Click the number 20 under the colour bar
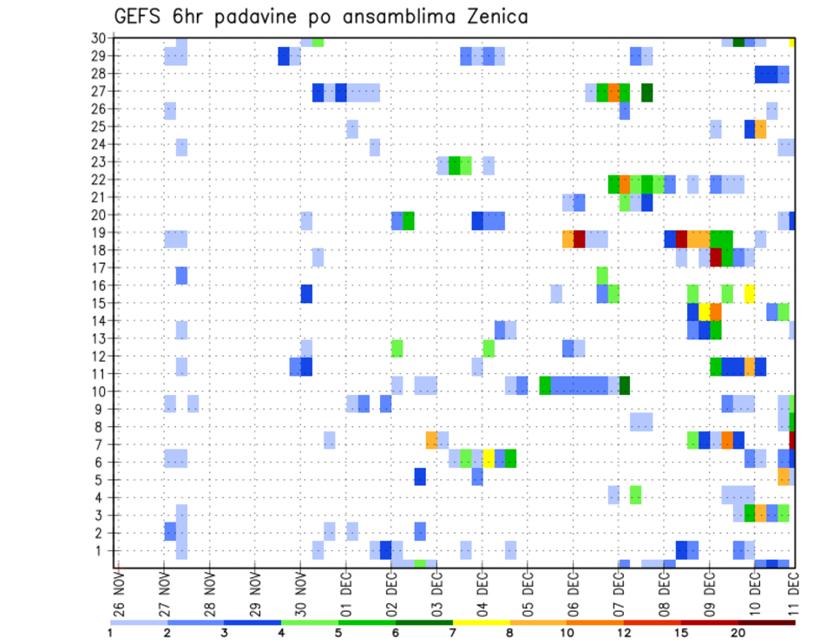(738, 633)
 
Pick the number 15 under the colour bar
(681, 633)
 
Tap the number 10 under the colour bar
(567, 633)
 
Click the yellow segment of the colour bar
(481, 622)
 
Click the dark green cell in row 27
(647, 92)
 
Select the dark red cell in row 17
(716, 258)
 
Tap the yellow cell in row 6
(489, 457)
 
